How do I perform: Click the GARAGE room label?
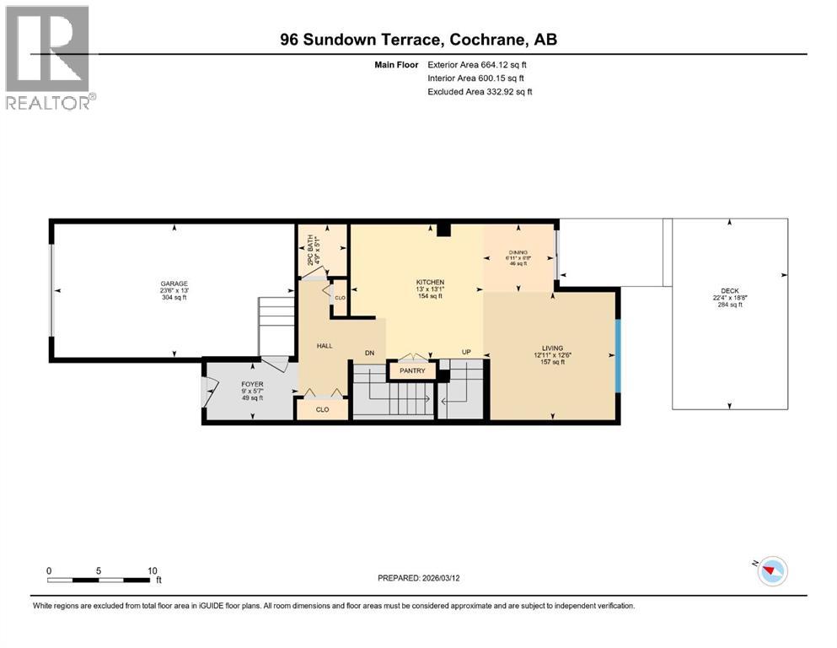(x=175, y=283)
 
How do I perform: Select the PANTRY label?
(x=412, y=370)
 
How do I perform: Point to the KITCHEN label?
(x=430, y=282)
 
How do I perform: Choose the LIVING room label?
(x=552, y=347)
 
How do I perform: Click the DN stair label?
(x=368, y=352)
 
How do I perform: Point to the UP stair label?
(x=466, y=352)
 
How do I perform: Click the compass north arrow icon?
(x=770, y=572)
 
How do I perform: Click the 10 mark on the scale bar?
(x=152, y=570)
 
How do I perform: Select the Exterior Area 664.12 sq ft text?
(x=480, y=64)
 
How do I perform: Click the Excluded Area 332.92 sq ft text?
(x=480, y=91)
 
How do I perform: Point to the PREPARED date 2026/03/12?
(x=419, y=578)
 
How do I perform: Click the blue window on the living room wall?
(x=618, y=356)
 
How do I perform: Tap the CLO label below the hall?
(x=322, y=409)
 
